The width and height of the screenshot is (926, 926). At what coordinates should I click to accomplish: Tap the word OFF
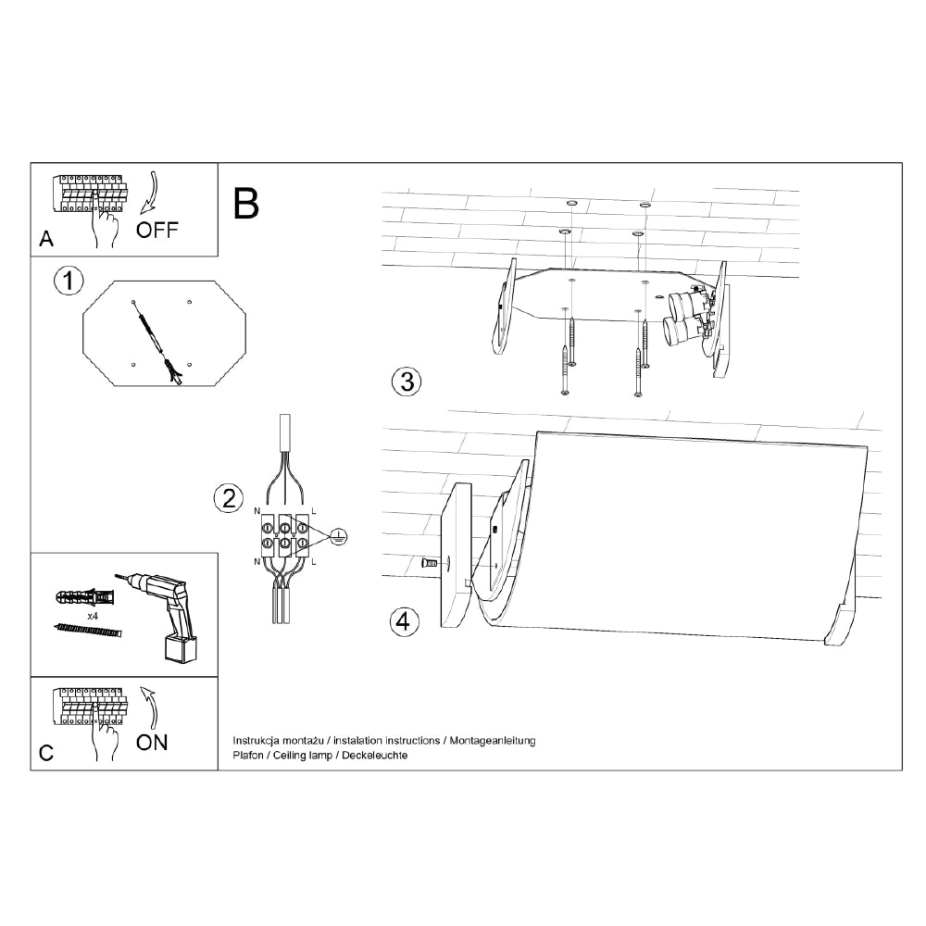click(156, 230)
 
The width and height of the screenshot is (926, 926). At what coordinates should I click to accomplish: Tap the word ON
click(152, 743)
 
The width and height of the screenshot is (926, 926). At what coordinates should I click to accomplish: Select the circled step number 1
click(69, 282)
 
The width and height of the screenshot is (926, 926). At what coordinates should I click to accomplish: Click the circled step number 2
click(229, 498)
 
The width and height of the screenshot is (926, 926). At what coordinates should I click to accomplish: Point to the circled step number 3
click(407, 382)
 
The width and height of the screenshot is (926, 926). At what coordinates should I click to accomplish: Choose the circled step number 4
click(404, 622)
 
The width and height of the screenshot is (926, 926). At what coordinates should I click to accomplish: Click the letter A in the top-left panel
click(46, 239)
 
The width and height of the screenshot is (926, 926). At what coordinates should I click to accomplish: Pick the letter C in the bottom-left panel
click(46, 753)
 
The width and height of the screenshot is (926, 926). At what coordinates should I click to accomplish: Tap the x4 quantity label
click(92, 616)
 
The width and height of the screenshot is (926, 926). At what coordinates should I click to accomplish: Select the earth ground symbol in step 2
click(338, 536)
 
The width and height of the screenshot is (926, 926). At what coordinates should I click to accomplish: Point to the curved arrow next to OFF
click(150, 193)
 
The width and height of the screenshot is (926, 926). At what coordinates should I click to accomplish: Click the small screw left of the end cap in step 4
click(430, 563)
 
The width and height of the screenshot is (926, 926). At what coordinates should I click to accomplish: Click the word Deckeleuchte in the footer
click(374, 756)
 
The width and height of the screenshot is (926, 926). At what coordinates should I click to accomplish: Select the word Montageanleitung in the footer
click(493, 741)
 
